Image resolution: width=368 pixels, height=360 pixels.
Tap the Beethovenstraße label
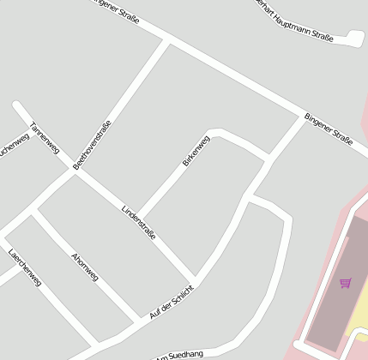point(93,144)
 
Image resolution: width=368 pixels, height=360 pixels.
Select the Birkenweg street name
point(196,150)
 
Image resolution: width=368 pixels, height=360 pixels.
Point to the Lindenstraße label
point(139,222)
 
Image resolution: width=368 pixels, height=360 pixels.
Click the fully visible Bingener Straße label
point(329,128)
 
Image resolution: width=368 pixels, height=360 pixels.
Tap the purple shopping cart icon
point(345,283)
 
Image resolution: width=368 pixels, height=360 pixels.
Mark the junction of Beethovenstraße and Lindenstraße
point(75,172)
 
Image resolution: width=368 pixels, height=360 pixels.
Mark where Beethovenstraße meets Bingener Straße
point(168,39)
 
